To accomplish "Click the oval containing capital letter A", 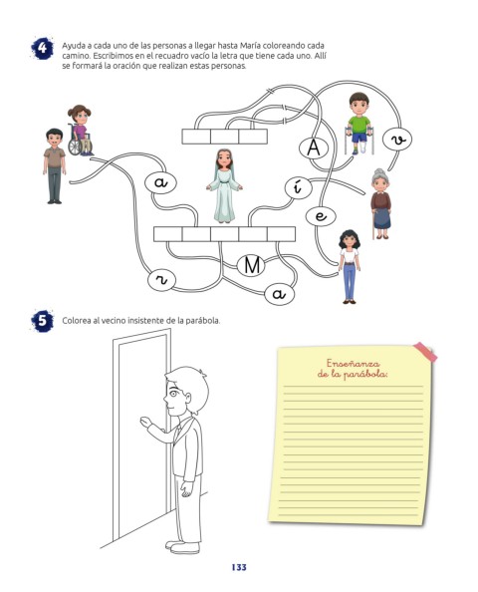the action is (313, 148).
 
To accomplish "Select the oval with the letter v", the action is (397, 139).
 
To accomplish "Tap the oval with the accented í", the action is (298, 187).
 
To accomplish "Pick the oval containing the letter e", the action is (321, 216).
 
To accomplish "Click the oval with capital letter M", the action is (252, 265).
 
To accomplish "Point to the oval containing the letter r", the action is (161, 281).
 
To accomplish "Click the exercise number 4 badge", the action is (42, 48).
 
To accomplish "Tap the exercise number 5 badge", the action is (42, 321).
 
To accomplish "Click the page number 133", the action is (239, 567).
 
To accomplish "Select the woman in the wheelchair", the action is (80, 131).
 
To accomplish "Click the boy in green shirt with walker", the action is (358, 124).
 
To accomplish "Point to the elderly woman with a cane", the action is (380, 203).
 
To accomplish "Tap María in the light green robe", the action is (224, 185).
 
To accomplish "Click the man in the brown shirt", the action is (55, 166).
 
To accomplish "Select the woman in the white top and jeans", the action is (350, 266).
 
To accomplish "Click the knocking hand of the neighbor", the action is (145, 422).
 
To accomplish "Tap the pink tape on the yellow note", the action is (425, 352).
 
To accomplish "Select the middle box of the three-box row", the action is (224, 137).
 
